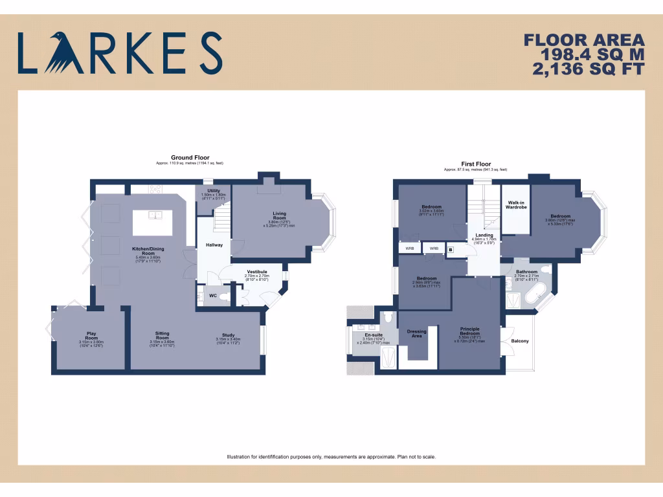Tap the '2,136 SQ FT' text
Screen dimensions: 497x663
(x=588, y=68)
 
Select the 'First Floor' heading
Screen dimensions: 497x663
(x=475, y=164)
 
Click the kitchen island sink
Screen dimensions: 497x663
(x=155, y=215)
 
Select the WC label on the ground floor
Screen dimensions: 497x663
(x=212, y=296)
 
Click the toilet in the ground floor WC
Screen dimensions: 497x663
(x=223, y=296)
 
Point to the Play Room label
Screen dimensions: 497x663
(x=91, y=336)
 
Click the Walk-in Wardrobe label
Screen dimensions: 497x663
(x=517, y=205)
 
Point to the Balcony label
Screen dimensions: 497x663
(x=519, y=340)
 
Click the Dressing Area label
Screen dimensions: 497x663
(x=416, y=334)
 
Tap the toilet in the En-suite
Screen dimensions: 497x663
(x=387, y=317)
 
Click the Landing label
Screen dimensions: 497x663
(x=484, y=235)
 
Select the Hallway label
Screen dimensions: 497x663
(x=214, y=245)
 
